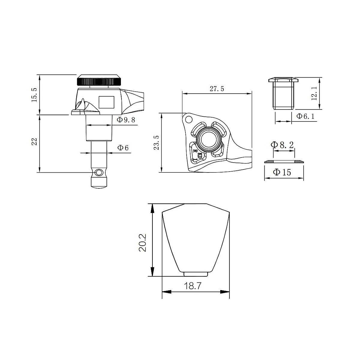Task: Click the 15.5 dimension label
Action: pyautogui.click(x=34, y=95)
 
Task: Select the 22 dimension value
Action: pyautogui.click(x=34, y=142)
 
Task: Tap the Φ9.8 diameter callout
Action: pyautogui.click(x=126, y=120)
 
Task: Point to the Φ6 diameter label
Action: pyautogui.click(x=123, y=148)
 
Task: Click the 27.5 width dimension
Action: pyautogui.click(x=217, y=89)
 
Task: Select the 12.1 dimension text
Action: pyautogui.click(x=314, y=93)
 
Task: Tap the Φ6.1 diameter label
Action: pyautogui.click(x=305, y=116)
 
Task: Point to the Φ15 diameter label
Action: pyautogui.click(x=282, y=172)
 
